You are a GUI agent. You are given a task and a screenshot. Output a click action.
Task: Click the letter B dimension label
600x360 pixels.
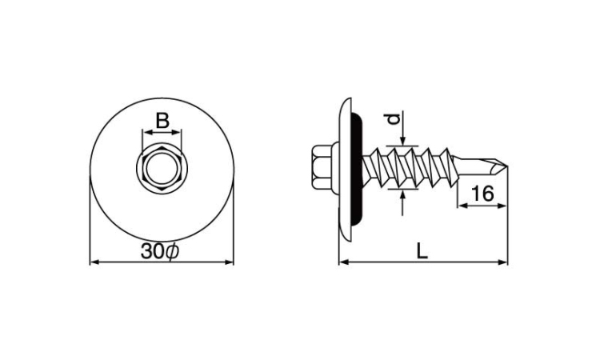point(162,121)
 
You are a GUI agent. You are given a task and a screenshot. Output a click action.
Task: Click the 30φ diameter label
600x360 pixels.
point(159,251)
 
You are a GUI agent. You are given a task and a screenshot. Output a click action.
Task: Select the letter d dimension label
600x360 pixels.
point(394,119)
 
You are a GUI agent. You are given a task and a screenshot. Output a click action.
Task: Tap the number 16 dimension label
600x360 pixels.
point(482,194)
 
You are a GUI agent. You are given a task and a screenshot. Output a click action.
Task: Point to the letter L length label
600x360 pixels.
point(422,251)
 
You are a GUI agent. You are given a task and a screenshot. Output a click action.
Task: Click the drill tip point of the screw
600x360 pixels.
point(506,166)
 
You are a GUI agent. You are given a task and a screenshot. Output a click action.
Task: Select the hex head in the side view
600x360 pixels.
point(322,167)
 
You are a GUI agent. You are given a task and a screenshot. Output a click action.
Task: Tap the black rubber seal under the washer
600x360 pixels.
point(357,167)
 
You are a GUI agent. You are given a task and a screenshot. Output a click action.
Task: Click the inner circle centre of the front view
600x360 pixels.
point(162,167)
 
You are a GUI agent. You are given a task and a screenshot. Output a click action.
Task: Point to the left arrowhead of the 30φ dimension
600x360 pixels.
point(94,262)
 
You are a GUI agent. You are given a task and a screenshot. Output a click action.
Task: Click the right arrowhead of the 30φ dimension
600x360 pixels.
point(229,262)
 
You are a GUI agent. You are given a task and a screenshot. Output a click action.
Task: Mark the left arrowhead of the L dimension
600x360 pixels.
point(344,262)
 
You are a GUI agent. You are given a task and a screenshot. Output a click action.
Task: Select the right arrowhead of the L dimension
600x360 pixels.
point(503,262)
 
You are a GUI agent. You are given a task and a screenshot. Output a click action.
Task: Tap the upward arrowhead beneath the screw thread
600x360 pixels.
point(402,194)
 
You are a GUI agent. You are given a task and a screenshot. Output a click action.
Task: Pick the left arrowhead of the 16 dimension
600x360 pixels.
point(462,206)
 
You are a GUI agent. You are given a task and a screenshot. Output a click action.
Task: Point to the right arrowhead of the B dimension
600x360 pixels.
point(177,132)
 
